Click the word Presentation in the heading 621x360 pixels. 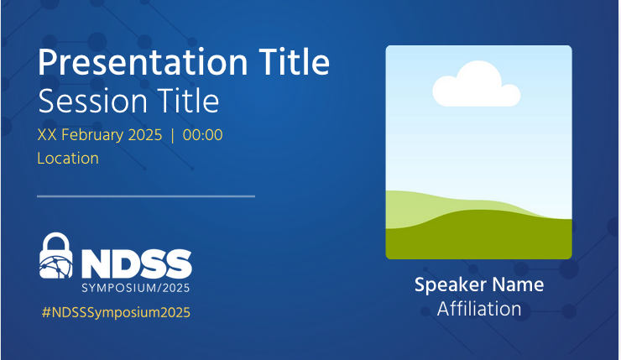(143, 64)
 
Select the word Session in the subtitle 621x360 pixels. (92, 101)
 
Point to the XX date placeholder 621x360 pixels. (47, 135)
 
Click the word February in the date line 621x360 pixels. (92, 136)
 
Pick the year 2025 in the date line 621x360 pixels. (145, 135)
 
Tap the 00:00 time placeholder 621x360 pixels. (203, 135)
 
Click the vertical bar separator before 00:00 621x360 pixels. (172, 135)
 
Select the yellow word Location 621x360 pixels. (68, 159)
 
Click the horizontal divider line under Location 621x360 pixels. (146, 196)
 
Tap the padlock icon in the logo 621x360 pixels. (56, 255)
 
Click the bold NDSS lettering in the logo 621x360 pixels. (137, 263)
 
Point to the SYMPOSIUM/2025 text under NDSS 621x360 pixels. (136, 288)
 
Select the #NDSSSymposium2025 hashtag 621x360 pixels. (116, 312)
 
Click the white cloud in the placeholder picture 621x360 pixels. (476, 85)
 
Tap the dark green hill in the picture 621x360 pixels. (479, 237)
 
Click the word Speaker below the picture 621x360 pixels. (451, 285)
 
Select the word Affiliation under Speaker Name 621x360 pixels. (479, 309)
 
